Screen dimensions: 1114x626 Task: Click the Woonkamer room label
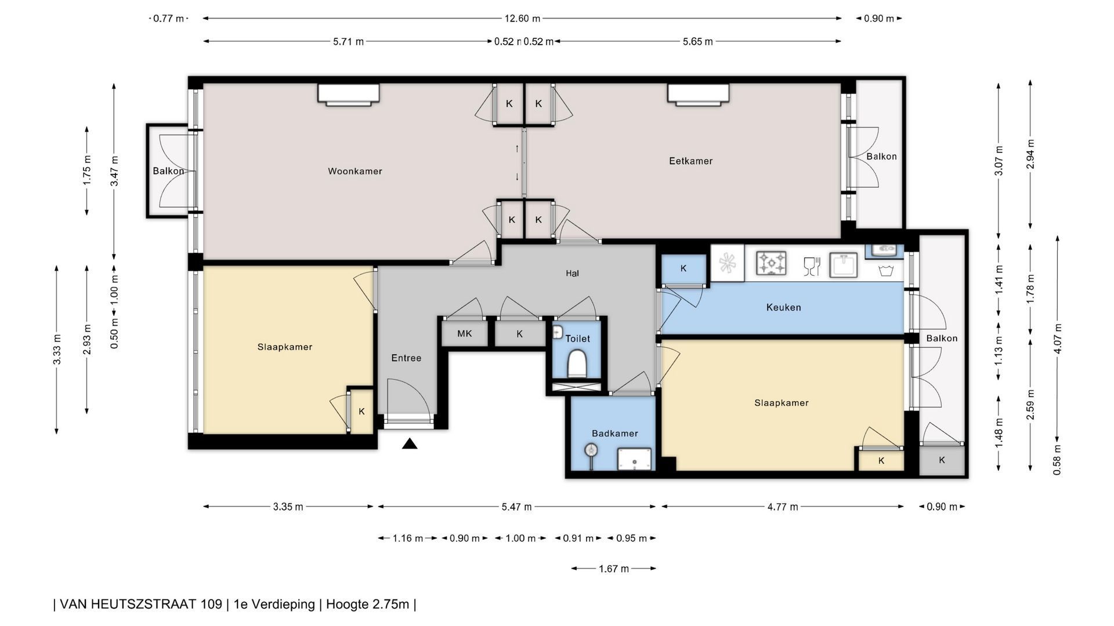(x=355, y=171)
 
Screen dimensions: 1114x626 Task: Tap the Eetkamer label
(x=690, y=161)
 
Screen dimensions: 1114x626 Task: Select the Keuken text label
(x=783, y=307)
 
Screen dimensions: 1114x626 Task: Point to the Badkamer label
(x=614, y=434)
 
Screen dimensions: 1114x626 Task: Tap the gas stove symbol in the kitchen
(x=771, y=263)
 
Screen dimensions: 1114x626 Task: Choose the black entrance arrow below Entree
(x=410, y=444)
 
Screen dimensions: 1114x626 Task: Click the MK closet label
(x=464, y=334)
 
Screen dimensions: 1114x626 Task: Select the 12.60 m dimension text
(x=522, y=19)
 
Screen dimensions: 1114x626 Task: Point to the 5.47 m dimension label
(x=516, y=507)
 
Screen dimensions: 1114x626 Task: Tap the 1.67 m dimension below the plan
(x=614, y=569)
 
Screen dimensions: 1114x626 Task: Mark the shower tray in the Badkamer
(x=634, y=459)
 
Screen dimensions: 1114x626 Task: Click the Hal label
(x=572, y=274)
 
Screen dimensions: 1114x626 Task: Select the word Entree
(x=406, y=358)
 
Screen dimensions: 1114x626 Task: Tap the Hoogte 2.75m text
(x=367, y=605)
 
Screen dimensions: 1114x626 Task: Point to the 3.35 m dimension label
(x=288, y=507)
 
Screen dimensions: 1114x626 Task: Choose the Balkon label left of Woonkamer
(x=168, y=171)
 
